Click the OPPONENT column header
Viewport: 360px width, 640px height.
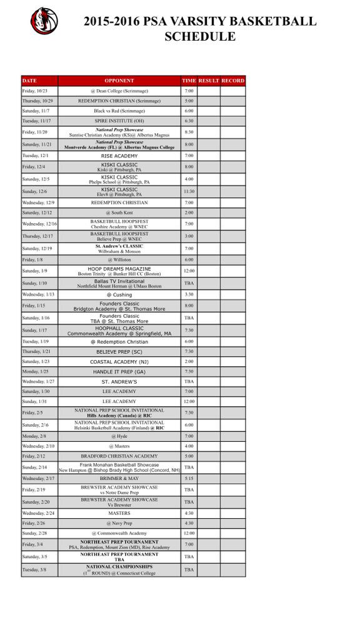pos(119,81)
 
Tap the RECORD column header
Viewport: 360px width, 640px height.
pos(233,81)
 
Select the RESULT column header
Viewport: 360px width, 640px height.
pos(209,81)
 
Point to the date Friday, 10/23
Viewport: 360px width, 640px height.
pos(34,91)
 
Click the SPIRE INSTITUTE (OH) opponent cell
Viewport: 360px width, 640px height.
pos(119,121)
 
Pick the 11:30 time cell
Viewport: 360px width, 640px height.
pos(189,191)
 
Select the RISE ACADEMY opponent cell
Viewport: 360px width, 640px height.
pos(119,156)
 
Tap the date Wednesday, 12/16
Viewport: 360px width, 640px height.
pos(39,224)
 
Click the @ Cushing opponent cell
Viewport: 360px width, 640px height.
pos(119,294)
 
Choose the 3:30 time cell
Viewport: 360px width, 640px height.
pos(189,294)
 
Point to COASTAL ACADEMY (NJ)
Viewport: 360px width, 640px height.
pos(119,361)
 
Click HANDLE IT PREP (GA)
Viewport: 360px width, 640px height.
pos(119,371)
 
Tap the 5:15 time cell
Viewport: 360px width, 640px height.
pos(189,478)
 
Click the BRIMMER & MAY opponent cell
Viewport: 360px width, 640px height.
pos(119,478)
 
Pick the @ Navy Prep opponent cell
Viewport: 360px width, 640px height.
pos(119,523)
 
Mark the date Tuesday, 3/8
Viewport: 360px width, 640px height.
pos(34,569)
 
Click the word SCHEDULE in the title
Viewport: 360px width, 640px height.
pos(200,36)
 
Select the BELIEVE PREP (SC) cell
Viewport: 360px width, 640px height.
pos(119,352)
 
